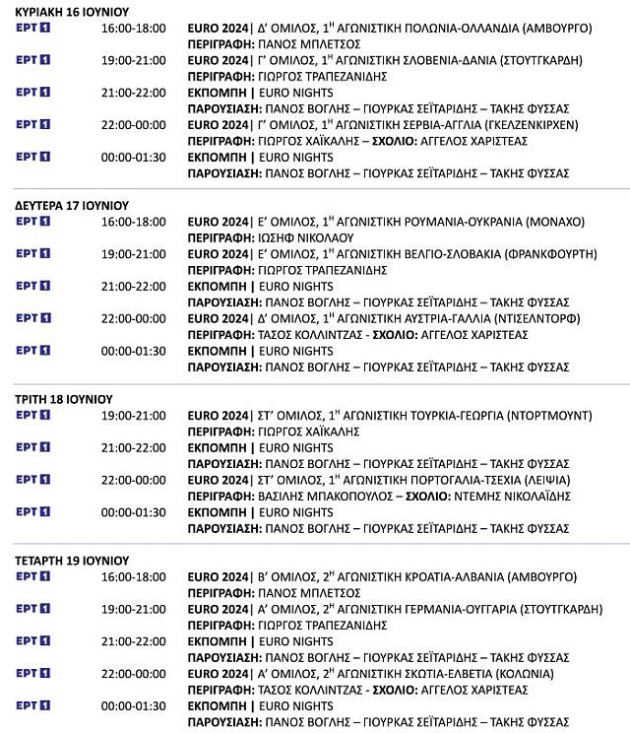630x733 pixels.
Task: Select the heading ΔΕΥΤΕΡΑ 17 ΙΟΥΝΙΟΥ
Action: [x=66, y=205]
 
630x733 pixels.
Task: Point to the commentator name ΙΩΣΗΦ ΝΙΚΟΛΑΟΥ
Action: [x=293, y=237]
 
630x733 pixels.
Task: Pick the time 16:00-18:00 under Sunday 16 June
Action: [x=133, y=28]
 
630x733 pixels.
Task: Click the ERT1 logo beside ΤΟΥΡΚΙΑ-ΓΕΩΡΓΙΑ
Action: [x=33, y=416]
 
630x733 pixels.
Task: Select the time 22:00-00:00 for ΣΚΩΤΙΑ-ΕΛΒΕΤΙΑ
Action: [x=133, y=674]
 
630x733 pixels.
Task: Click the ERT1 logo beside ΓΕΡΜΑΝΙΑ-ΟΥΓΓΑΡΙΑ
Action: [x=33, y=609]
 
